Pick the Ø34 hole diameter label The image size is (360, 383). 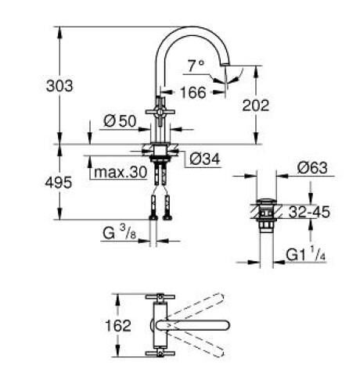tap(204, 159)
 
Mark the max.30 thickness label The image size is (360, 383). tap(118, 172)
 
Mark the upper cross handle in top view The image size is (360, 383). tap(160, 299)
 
